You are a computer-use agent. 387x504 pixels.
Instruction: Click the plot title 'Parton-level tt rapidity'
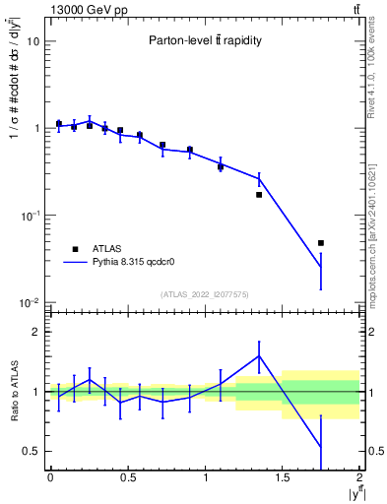205,40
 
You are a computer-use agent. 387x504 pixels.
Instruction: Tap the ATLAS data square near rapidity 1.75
321,243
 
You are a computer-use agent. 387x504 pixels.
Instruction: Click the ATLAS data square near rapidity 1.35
259,195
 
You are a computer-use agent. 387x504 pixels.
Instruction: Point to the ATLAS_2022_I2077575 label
205,293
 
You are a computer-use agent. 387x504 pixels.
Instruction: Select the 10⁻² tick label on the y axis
30,302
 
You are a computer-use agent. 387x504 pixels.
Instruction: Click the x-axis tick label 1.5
283,478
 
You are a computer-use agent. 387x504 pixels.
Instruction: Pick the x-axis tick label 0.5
127,478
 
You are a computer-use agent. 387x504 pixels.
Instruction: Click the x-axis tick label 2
360,478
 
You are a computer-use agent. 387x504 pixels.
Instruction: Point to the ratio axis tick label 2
36,332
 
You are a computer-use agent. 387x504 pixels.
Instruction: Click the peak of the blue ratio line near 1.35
259,356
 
